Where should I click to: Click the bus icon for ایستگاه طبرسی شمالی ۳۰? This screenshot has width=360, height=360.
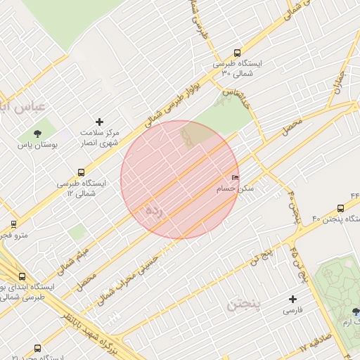pos(237,53)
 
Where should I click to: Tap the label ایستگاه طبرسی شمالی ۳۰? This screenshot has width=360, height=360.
pos(240,68)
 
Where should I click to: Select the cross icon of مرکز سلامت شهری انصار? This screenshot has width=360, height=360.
pos(99,122)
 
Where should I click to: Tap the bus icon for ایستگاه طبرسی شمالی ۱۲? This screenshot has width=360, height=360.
pos(82,172)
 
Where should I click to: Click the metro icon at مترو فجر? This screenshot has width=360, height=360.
pos(13,225)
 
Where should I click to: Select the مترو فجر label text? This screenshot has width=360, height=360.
pos(13,236)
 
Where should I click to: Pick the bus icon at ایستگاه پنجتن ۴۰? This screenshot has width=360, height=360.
pos(340,208)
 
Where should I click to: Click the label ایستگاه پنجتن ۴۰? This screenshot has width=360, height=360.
pos(324,220)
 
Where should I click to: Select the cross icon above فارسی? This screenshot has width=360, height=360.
pos(292,299)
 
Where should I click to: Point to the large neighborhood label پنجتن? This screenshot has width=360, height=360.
pos(244,305)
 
